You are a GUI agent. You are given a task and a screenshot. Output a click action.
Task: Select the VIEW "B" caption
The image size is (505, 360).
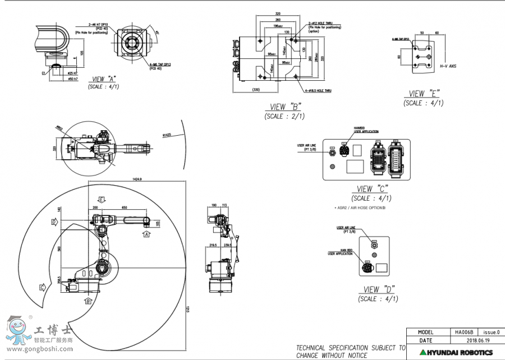coord(286,107)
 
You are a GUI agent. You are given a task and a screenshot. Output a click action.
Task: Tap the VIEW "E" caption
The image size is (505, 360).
coord(424,94)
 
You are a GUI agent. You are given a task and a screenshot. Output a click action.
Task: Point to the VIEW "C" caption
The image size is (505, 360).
coord(373,189)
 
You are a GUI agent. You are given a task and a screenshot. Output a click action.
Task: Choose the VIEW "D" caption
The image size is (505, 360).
coord(379,289)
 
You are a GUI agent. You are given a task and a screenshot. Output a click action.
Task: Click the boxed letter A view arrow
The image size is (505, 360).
coord(146,233)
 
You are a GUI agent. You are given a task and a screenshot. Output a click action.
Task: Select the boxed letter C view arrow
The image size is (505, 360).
coord(42,288)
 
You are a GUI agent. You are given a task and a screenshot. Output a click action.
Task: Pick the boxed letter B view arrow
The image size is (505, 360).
coord(88,301)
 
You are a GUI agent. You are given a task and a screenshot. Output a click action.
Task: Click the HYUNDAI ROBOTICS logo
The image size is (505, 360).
coord(460,352)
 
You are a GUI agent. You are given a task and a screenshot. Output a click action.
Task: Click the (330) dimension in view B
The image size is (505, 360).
coord(255,90)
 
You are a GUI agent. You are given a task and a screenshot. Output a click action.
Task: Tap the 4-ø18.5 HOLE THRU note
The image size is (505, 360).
coord(316,90)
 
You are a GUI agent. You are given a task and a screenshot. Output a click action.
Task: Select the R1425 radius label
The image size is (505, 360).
coord(166,135)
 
